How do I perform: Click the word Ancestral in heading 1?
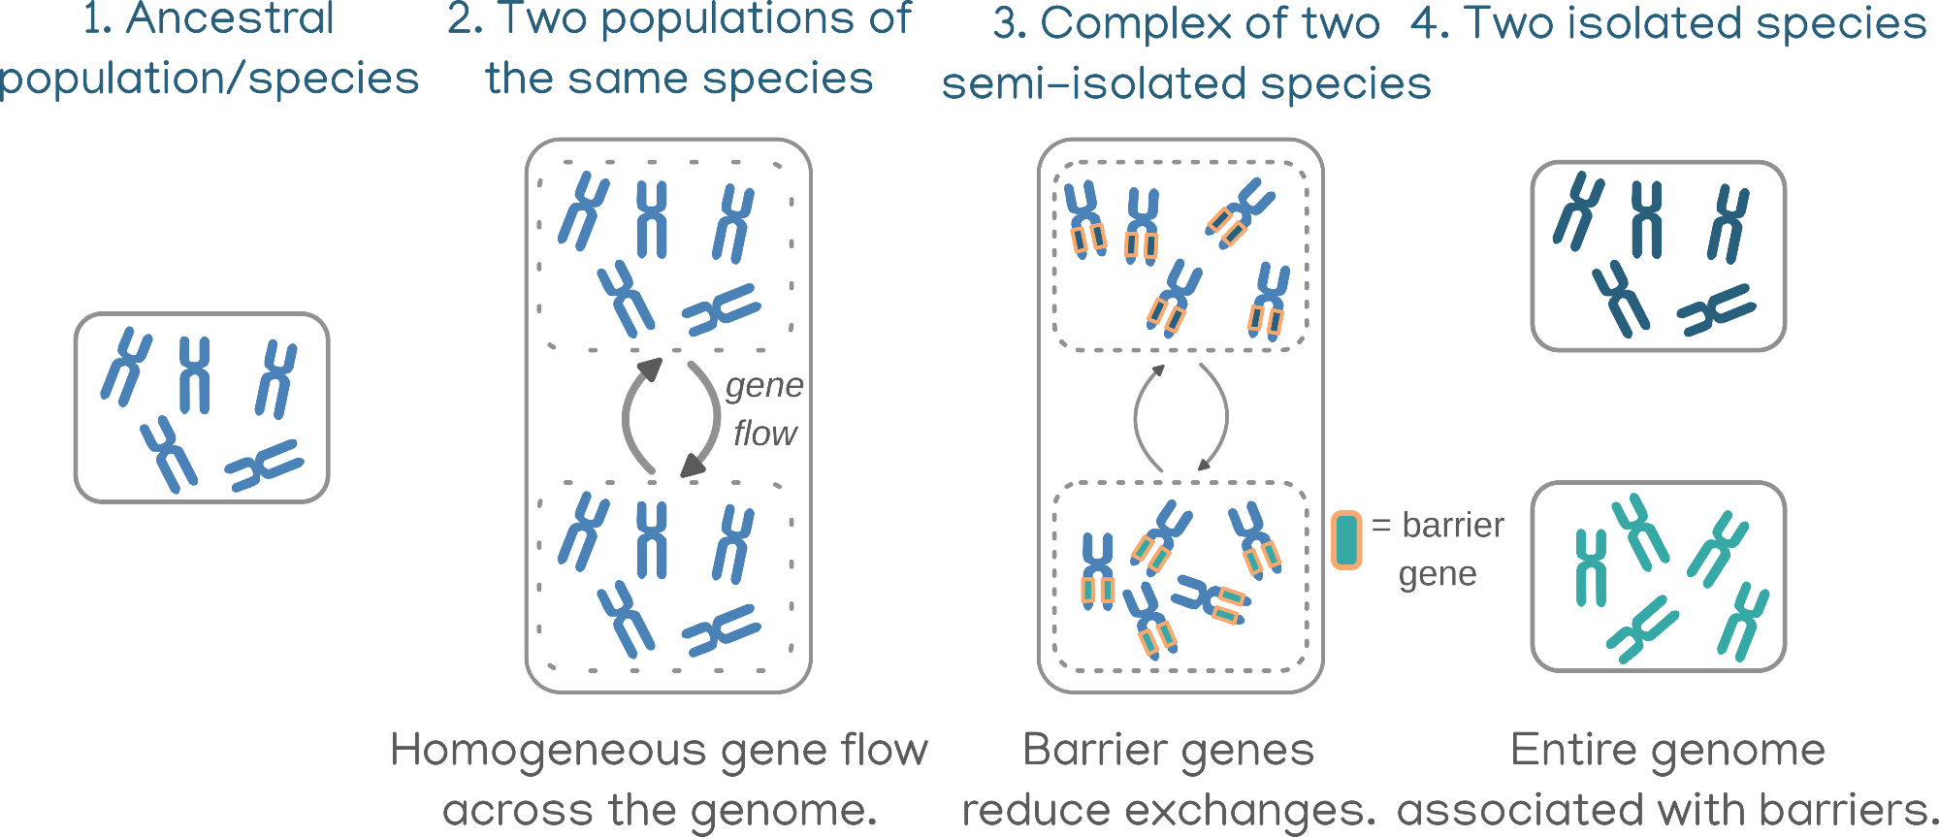click(230, 19)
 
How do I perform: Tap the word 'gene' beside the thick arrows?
click(764, 386)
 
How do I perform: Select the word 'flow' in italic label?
click(764, 434)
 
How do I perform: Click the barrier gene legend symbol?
click(1346, 540)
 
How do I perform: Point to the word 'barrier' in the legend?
click(1453, 526)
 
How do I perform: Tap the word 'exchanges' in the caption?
click(1265, 810)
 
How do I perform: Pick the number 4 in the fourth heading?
click(1425, 23)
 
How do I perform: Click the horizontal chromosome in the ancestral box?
click(264, 466)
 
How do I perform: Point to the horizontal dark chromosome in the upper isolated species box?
click(1716, 310)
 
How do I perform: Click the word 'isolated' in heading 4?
click(1655, 23)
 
